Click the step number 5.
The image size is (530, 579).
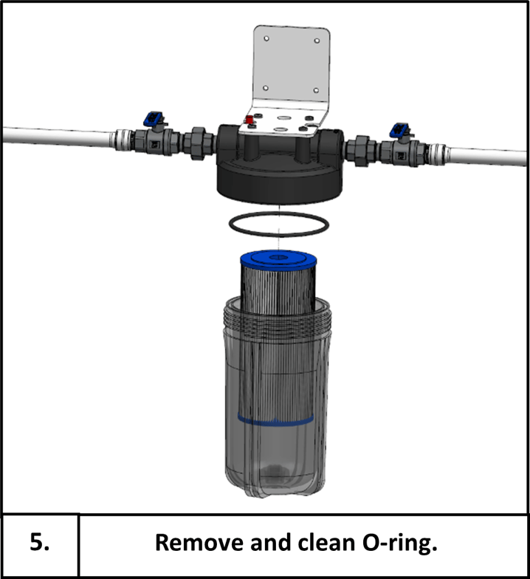coord(41,543)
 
